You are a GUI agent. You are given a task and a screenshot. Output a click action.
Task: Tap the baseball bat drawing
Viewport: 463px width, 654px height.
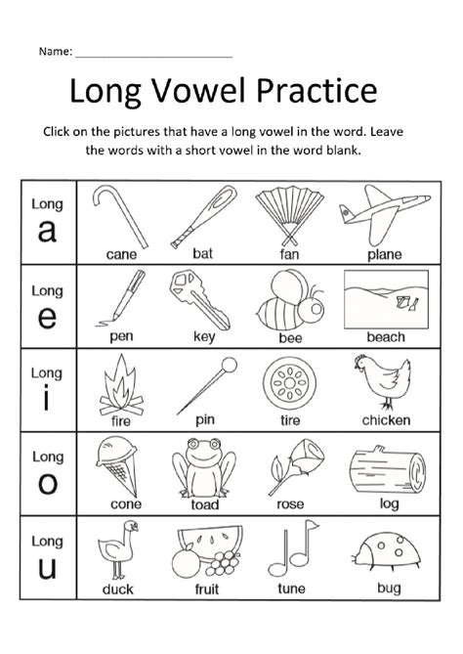pos(204,216)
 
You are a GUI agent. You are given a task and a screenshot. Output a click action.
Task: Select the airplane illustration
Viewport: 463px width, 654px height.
pos(384,214)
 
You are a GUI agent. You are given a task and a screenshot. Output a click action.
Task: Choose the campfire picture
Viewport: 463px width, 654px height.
pos(121,384)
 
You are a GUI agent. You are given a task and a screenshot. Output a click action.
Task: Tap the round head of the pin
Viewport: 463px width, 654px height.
pos(229,365)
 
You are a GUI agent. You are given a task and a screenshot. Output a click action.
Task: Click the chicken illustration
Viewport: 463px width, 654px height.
pos(382,381)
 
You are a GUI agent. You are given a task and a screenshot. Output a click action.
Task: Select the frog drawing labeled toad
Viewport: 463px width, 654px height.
pos(204,467)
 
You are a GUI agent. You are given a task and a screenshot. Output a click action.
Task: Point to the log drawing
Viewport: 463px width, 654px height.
pos(388,469)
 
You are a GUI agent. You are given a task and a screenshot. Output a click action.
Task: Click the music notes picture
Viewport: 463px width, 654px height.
pos(293,548)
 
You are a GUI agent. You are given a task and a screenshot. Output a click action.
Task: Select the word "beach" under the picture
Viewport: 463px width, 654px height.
pos(386,336)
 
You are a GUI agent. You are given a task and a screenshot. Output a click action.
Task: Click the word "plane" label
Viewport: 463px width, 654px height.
pos(385,254)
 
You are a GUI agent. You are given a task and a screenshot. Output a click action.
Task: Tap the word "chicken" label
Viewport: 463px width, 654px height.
pos(386,420)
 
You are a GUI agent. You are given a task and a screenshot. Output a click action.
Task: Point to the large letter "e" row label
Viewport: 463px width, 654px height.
pos(47,318)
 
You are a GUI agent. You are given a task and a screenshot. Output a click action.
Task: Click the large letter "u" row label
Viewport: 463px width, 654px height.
pos(47,568)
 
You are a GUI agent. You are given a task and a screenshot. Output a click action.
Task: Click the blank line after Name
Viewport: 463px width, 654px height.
pos(153,57)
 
